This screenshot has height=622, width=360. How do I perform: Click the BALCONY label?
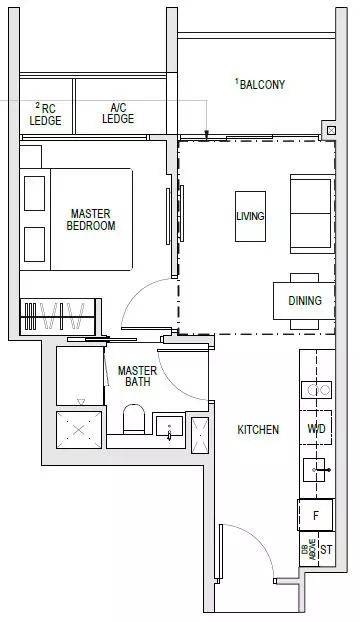[x=262, y=84]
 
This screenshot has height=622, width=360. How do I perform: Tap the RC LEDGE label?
[x=46, y=114]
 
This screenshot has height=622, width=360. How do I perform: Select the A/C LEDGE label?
[x=118, y=113]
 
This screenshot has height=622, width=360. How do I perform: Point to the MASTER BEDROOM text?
[x=91, y=220]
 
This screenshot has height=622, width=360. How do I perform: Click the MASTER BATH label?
[x=137, y=376]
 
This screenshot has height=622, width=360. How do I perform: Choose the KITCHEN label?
[x=258, y=429]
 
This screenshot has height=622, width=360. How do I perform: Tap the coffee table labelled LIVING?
[x=250, y=216]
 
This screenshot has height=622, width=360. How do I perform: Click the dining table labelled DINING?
[x=304, y=301]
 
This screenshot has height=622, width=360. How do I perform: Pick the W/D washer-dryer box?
[x=316, y=428]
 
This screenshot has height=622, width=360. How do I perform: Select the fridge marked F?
[x=316, y=515]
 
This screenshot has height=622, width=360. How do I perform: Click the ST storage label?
[x=326, y=550]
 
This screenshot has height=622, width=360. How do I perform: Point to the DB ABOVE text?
[x=309, y=549]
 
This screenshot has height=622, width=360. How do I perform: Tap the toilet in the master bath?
[x=134, y=419]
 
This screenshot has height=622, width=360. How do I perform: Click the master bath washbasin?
[x=169, y=426]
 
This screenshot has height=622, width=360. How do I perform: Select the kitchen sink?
[x=315, y=470]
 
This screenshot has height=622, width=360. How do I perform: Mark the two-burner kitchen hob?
[x=316, y=390]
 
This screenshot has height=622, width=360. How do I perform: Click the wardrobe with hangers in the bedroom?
[x=58, y=316]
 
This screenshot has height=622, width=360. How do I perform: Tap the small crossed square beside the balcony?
[x=331, y=131]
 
